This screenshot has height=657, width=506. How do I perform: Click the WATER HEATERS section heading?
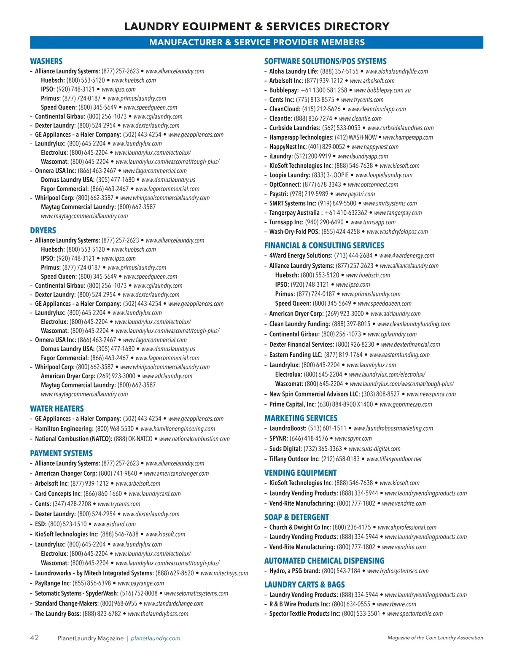57,409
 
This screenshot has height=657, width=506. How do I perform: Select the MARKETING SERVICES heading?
301,418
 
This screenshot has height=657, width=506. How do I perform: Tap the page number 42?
34,638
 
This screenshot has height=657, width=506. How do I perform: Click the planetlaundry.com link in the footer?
155,638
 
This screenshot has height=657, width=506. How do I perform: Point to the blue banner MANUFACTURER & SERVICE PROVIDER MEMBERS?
256,43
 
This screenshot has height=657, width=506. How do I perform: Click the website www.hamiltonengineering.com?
178,429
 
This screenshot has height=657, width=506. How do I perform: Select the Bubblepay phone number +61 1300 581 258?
324,90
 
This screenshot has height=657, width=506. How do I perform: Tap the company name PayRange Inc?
53,583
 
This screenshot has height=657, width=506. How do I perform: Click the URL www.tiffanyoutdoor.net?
394,459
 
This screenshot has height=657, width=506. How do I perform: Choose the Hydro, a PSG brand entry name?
295,571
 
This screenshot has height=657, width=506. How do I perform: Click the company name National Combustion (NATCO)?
74,439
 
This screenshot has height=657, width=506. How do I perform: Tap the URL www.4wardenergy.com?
406,256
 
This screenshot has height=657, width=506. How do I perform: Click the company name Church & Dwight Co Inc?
300,527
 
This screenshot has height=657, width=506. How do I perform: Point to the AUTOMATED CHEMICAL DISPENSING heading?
324,561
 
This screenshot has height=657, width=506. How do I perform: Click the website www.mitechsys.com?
224,573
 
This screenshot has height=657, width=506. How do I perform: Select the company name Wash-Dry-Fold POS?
295,232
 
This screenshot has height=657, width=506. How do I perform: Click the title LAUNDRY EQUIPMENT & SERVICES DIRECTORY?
256,27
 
